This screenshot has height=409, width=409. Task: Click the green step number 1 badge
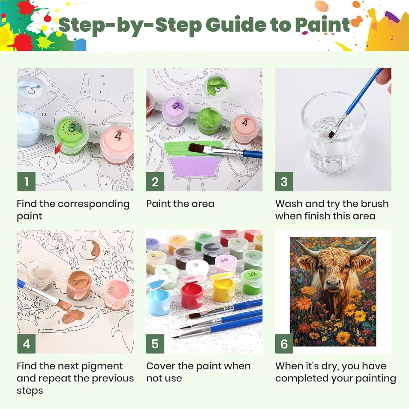coord(26,182)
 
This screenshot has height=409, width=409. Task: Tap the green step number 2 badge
coord(155,182)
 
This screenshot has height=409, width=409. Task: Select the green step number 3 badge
coord(284,182)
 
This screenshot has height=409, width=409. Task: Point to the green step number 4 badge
coord(26,344)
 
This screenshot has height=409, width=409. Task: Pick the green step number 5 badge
coord(155,344)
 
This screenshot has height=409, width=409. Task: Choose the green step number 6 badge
coord(284,344)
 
